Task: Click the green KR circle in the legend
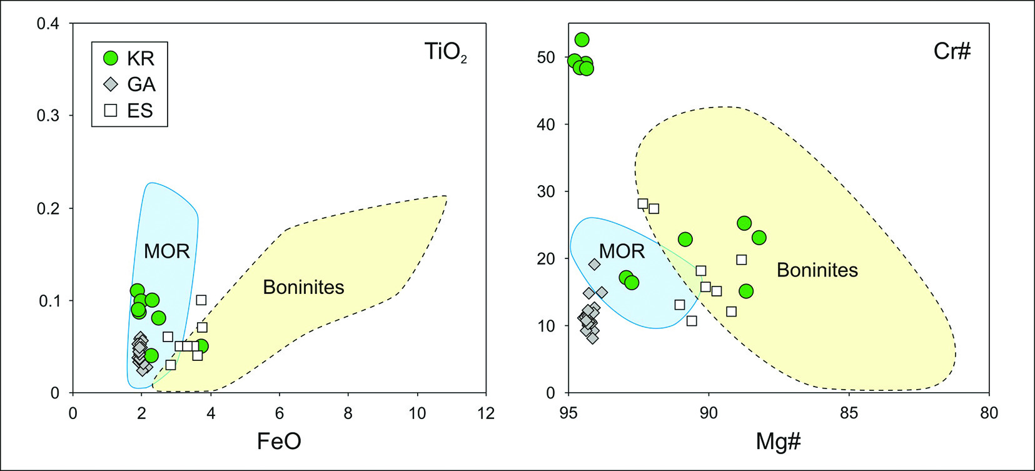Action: pyautogui.click(x=111, y=58)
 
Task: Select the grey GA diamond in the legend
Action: pyautogui.click(x=111, y=84)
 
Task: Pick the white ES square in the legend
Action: pyautogui.click(x=111, y=110)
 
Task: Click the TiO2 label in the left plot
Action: pyautogui.click(x=445, y=52)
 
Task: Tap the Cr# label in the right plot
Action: pyautogui.click(x=952, y=51)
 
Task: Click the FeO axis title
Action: pyautogui.click(x=279, y=442)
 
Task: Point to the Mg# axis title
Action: pyautogui.click(x=778, y=442)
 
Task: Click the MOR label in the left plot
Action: pyautogui.click(x=166, y=251)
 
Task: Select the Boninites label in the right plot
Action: pyautogui.click(x=817, y=270)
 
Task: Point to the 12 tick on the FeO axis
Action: pyautogui.click(x=485, y=413)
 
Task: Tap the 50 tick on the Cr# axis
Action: pyautogui.click(x=546, y=58)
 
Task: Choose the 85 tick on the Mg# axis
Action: pyautogui.click(x=849, y=413)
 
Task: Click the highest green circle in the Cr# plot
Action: pyautogui.click(x=582, y=40)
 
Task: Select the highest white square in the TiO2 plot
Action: pyautogui.click(x=201, y=300)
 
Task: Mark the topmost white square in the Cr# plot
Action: pyautogui.click(x=642, y=204)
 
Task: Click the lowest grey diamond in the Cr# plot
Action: pyautogui.click(x=592, y=338)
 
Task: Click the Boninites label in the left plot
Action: pyautogui.click(x=303, y=287)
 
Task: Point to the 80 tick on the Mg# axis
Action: pyautogui.click(x=989, y=413)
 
